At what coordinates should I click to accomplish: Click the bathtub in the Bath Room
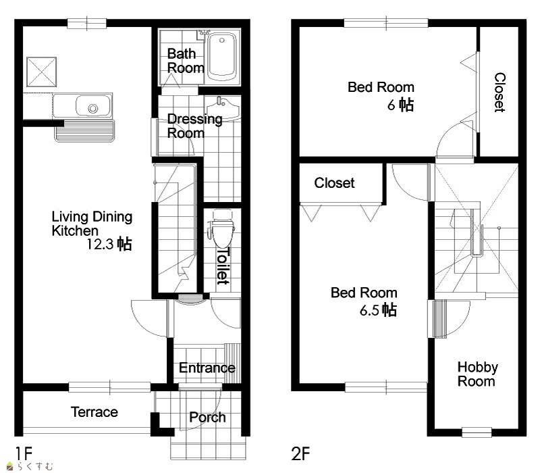pos(223,56)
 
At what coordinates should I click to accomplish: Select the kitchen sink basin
pos(93,106)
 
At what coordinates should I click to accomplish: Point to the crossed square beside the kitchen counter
pos(41,72)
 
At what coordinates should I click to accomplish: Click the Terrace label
pos(94,412)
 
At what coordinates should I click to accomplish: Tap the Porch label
pos(207,418)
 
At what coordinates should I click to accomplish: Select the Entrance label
pos(207,368)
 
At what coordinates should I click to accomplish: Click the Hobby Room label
pos(477,374)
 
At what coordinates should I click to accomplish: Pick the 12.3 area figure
pos(100,244)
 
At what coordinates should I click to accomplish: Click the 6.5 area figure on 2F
pos(369,310)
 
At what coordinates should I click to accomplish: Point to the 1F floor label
pos(24,453)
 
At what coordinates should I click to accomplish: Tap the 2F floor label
pos(300,453)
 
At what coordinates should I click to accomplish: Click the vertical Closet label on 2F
pos(500,93)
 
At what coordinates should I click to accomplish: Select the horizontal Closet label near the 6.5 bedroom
pos(334,182)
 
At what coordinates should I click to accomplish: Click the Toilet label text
pos(223,266)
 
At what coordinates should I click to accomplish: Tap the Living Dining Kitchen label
pos(92,224)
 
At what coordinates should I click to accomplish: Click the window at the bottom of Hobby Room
pos(477,432)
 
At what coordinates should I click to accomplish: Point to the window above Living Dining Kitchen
pos(87,24)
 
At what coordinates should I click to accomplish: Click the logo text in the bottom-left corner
pos(30,466)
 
